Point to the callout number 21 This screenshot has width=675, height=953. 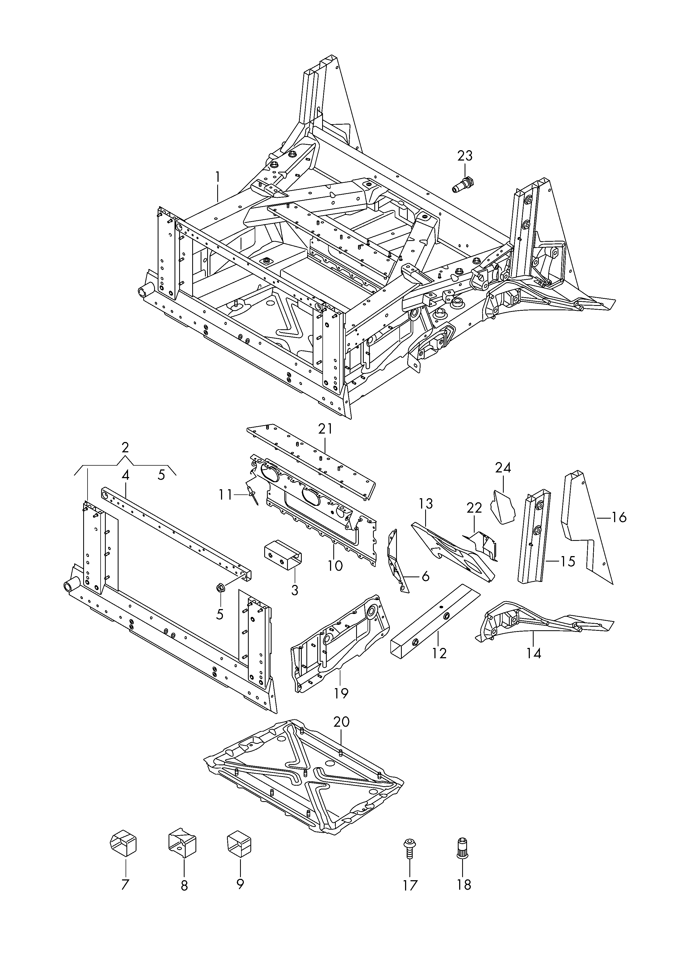(x=325, y=429)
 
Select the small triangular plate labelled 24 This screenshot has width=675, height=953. (x=502, y=507)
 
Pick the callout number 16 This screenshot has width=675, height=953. (x=619, y=518)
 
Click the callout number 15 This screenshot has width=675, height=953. (x=568, y=562)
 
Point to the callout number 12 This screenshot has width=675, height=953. (x=439, y=653)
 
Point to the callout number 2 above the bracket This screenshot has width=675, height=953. (x=125, y=448)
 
